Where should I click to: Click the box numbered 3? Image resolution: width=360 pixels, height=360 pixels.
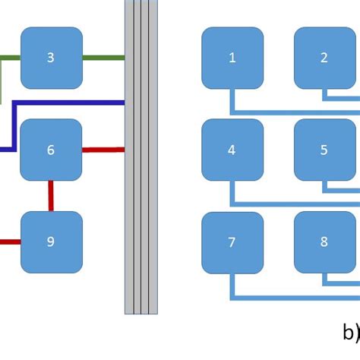click(x=51, y=58)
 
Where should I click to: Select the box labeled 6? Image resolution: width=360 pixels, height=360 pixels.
click(x=51, y=150)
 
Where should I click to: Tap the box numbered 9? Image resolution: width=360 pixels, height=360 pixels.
click(x=51, y=242)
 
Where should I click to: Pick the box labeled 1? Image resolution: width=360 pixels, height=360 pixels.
click(x=232, y=58)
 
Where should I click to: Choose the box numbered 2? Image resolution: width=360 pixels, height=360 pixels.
click(x=324, y=58)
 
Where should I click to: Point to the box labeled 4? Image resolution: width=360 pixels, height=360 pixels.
click(x=232, y=150)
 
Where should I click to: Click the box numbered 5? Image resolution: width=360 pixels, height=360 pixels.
click(x=324, y=150)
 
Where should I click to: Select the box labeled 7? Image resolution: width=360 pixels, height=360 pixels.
click(x=232, y=242)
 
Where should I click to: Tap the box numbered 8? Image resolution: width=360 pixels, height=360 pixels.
click(x=324, y=242)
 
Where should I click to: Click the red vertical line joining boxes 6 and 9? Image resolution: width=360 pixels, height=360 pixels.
click(x=51, y=196)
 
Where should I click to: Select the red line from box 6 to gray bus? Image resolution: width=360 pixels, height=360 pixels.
click(x=103, y=150)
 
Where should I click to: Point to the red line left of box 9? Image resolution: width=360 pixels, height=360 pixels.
click(x=9, y=242)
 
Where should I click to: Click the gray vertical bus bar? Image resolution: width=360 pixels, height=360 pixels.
click(x=141, y=190)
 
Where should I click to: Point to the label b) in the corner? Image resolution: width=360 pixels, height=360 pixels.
click(x=349, y=332)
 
